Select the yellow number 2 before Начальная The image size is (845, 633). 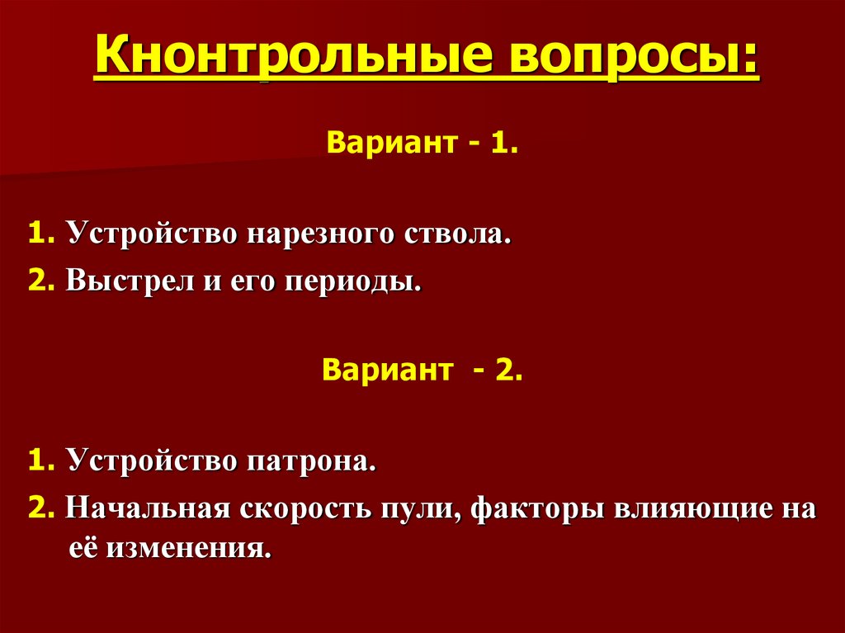[x=35, y=508]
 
